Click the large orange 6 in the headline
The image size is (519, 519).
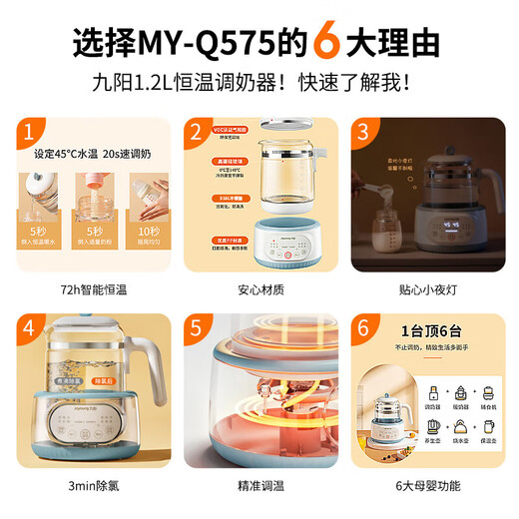[327, 46]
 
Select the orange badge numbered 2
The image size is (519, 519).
[198, 133]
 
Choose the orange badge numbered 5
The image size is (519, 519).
[198, 328]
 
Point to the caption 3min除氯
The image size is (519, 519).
[90, 486]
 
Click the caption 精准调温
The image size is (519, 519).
[259, 486]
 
